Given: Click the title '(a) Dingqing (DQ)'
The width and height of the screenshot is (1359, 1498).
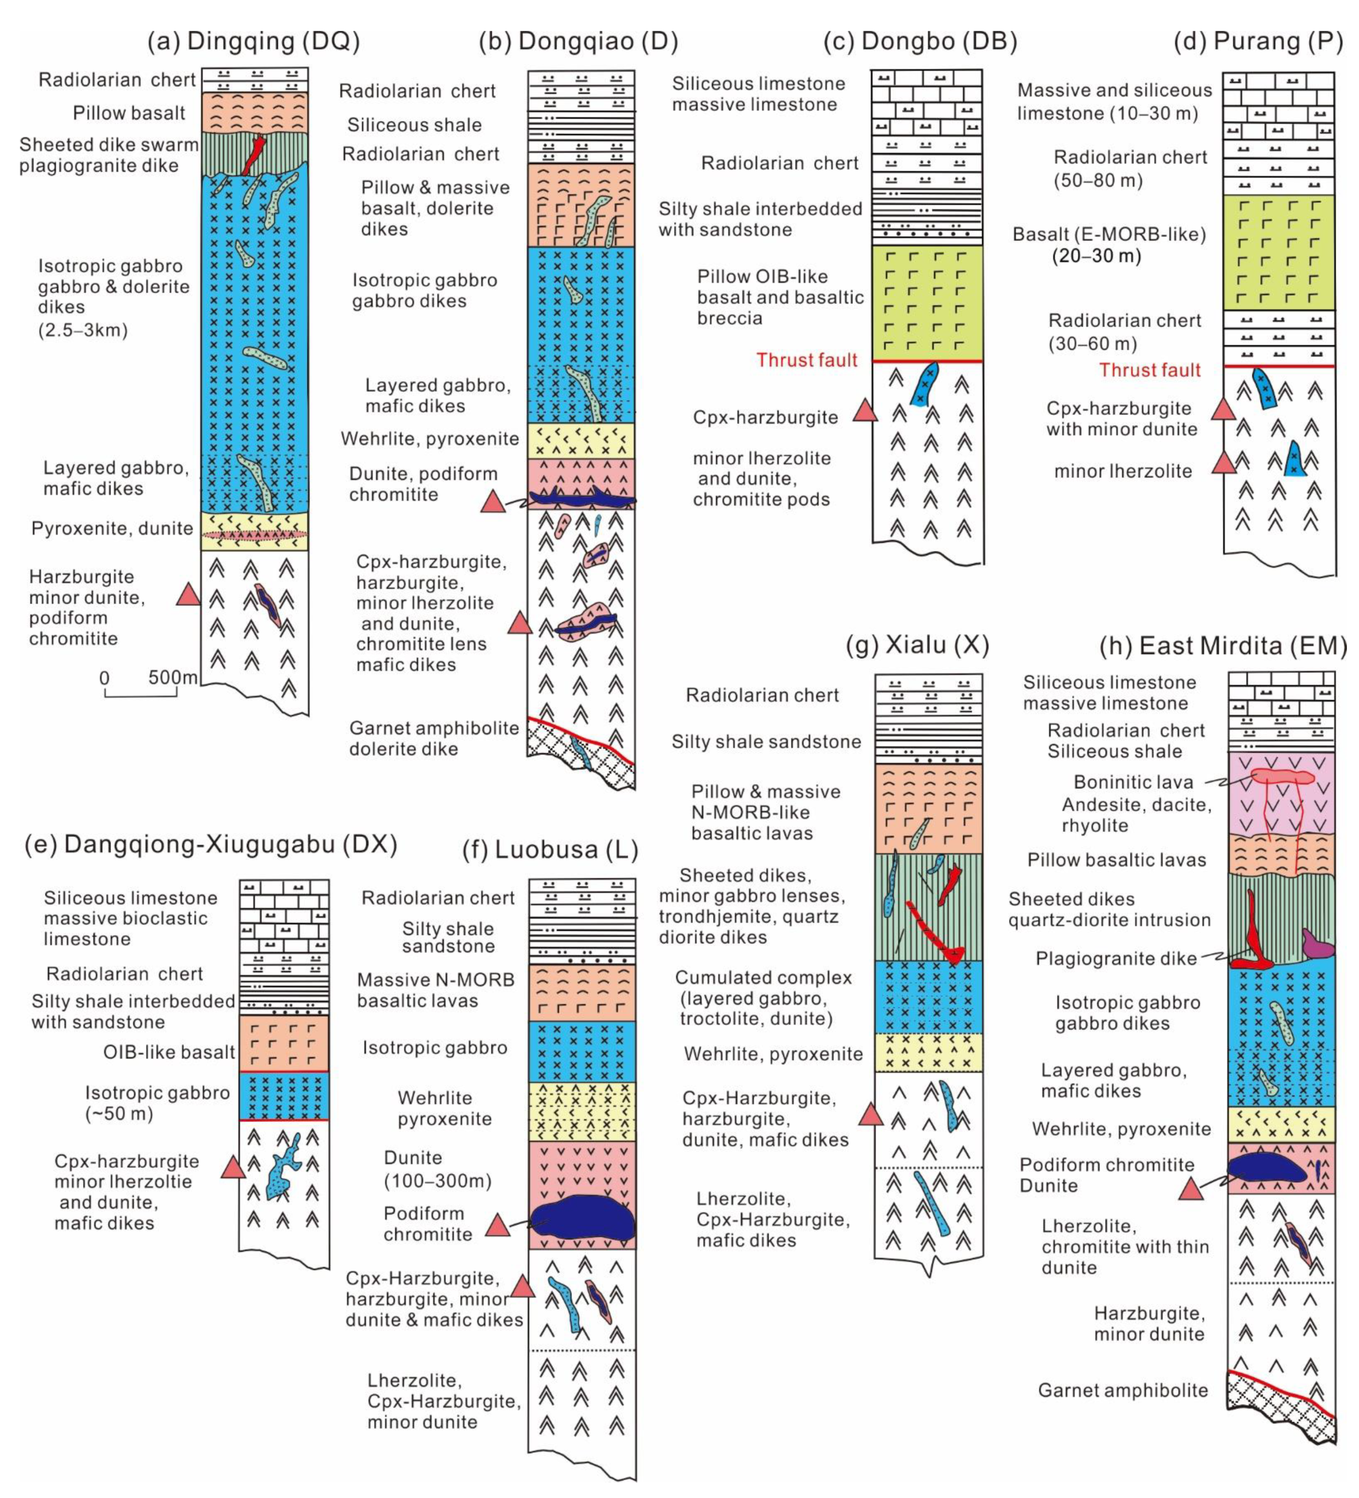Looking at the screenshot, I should pyautogui.click(x=253, y=41).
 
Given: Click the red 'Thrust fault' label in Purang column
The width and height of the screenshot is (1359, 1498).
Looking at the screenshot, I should pyautogui.click(x=1150, y=370).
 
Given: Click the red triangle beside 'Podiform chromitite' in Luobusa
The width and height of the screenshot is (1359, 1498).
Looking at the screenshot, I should pyautogui.click(x=497, y=1226).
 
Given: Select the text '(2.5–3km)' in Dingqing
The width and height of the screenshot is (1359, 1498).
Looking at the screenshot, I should pyautogui.click(x=83, y=330).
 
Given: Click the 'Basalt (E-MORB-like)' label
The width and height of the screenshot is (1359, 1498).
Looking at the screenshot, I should pyautogui.click(x=1109, y=234).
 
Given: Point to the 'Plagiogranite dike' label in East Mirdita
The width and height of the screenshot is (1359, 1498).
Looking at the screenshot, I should pyautogui.click(x=1116, y=958).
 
